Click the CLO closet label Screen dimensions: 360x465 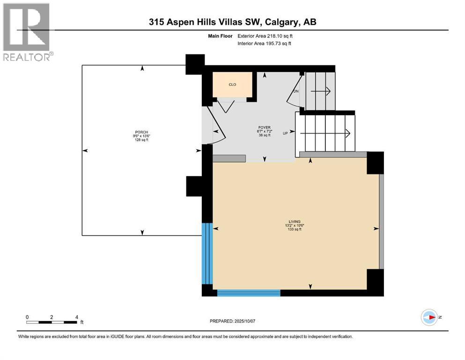(232, 85)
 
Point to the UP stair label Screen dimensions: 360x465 (285, 133)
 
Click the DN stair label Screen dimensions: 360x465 (295, 91)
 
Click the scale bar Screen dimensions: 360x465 (52, 322)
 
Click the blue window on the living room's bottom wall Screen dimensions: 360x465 (249, 293)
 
